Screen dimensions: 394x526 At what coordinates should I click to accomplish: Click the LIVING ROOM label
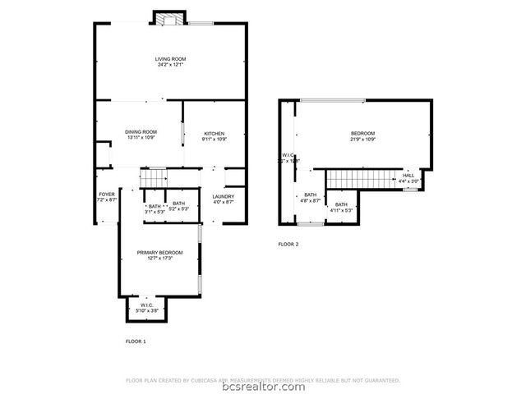(170, 59)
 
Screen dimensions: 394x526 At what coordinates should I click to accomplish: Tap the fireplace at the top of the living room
(169, 20)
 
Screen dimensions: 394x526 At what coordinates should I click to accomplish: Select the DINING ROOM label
(141, 132)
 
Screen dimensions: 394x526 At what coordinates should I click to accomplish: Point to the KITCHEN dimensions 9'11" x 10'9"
(214, 139)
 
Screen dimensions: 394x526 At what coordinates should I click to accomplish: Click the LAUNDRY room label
(224, 196)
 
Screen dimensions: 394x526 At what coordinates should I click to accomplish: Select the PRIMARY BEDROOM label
(159, 252)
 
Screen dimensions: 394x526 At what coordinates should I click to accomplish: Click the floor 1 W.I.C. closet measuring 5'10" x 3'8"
(145, 307)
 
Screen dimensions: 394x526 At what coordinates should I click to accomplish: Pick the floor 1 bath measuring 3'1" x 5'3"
(154, 207)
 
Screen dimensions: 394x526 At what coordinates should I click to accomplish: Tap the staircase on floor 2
(357, 178)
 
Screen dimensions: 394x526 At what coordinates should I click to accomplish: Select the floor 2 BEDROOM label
(362, 134)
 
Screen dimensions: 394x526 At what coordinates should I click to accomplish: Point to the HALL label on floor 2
(408, 176)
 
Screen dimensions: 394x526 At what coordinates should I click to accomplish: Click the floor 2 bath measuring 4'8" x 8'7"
(310, 197)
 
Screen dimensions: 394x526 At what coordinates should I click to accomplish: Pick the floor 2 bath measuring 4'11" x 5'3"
(340, 207)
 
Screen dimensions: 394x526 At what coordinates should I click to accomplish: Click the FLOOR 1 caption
(136, 340)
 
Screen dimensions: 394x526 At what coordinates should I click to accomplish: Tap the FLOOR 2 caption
(288, 244)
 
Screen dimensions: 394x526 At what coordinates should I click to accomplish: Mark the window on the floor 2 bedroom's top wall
(332, 100)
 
